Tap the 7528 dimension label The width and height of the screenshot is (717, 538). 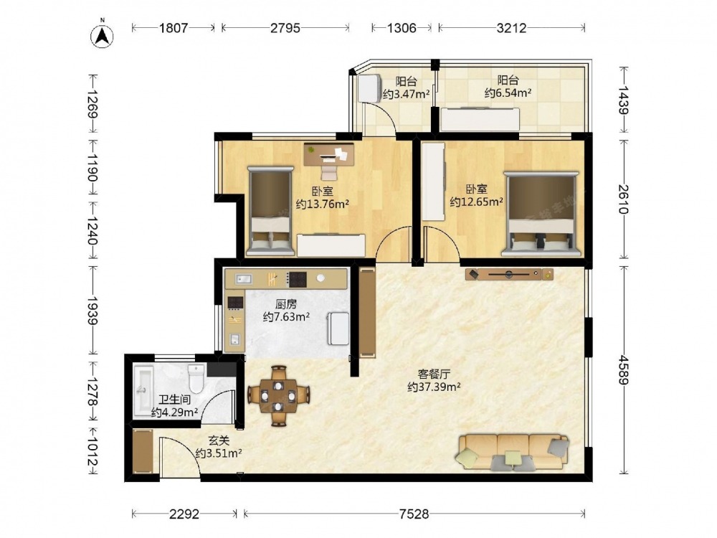tap(414, 514)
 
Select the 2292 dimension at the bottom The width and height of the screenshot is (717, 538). tap(184, 514)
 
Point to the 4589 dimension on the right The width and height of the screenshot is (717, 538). tap(624, 369)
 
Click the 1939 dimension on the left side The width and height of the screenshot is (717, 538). tap(92, 311)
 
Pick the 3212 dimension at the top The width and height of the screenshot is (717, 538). tap(512, 28)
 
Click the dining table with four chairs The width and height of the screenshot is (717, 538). tap(278, 396)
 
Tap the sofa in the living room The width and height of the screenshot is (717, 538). tap(513, 452)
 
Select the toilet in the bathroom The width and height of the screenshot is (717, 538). tap(196, 378)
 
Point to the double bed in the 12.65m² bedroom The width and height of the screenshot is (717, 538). tap(541, 214)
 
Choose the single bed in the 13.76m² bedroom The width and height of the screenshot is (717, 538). tap(271, 211)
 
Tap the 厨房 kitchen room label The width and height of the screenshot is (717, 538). tap(286, 303)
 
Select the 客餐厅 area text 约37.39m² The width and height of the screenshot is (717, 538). tap(434, 387)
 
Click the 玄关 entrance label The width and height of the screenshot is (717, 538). tap(219, 440)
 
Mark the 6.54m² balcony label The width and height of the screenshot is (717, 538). tap(508, 93)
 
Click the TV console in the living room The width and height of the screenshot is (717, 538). tap(509, 274)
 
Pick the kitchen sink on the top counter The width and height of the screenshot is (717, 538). tap(244, 278)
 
